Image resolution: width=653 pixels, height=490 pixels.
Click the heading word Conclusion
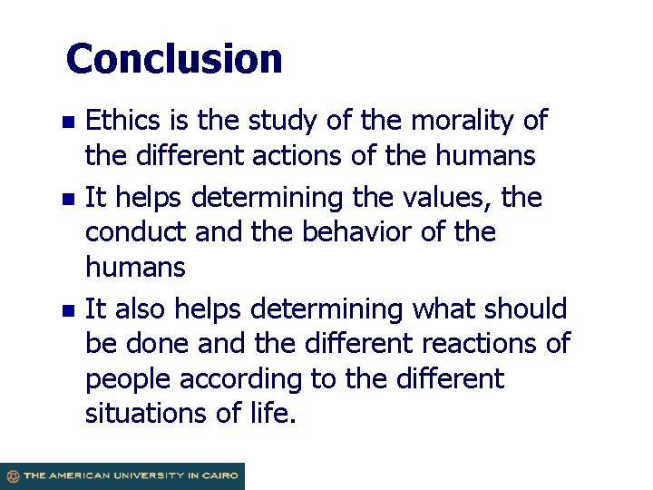[x=174, y=59]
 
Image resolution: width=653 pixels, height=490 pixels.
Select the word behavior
[x=351, y=232]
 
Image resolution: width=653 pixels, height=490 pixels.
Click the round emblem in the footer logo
[x=12, y=476]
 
